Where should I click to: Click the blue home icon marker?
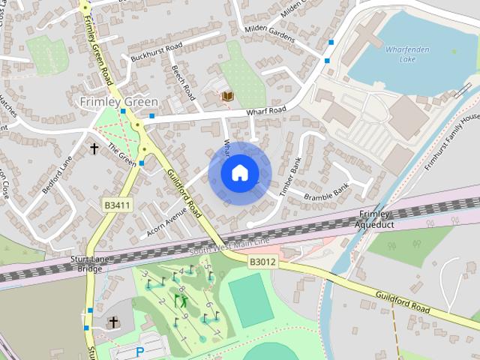click(x=239, y=173)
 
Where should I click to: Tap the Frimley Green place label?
click(x=119, y=101)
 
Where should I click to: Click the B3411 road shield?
click(x=118, y=204)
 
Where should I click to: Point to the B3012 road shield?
click(x=263, y=262)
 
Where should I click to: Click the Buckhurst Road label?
click(x=156, y=52)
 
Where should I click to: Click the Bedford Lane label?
click(x=56, y=175)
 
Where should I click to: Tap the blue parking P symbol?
click(x=139, y=350)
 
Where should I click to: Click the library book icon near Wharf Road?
click(x=226, y=96)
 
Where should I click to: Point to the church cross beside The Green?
click(x=94, y=148)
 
